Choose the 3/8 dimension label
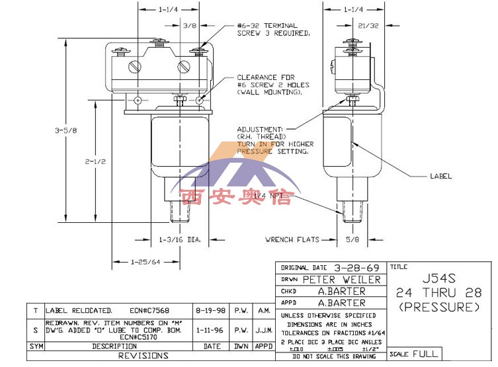tap(190, 26)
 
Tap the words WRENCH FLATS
tap(292, 239)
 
